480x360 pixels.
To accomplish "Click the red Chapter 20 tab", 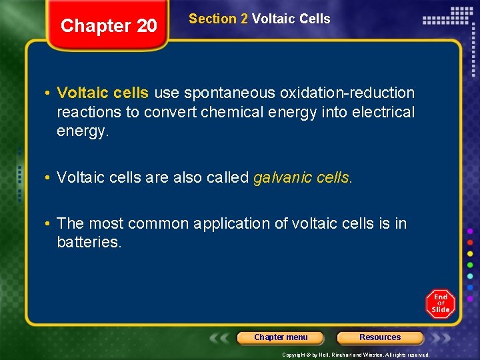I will pos(109,26).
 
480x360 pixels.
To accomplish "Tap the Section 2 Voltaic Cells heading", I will pos(259,19).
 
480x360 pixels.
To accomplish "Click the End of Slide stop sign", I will pos(440,304).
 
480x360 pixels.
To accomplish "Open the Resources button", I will pos(380,337).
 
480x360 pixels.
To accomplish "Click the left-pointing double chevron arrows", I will pos(219,337).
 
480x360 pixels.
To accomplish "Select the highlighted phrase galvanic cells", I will pos(301,177).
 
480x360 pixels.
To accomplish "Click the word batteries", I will pos(88,242).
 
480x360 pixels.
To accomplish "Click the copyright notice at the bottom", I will pos(355,355).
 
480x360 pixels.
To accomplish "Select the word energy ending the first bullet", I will pos(81,131).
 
